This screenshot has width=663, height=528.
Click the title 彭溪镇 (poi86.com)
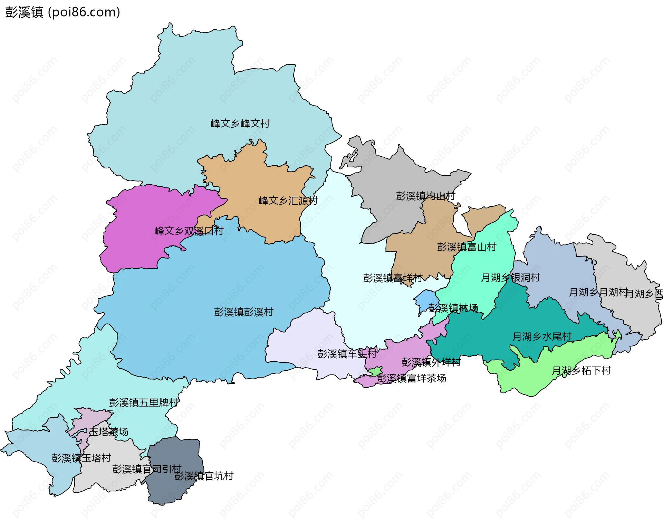[x=63, y=12]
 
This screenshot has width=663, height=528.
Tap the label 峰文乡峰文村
[x=240, y=123]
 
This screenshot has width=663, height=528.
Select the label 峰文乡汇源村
[x=288, y=201]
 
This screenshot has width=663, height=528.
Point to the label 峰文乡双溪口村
[x=189, y=231]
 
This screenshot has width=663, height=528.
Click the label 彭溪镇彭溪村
[x=243, y=312]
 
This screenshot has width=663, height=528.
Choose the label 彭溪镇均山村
[x=425, y=196]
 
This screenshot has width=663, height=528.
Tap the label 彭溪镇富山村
[x=467, y=247]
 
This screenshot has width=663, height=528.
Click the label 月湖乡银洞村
[x=510, y=277]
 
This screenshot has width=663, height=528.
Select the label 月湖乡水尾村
[x=542, y=336]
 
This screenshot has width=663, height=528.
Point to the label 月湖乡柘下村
[x=581, y=371]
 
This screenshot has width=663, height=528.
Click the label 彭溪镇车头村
[x=347, y=353]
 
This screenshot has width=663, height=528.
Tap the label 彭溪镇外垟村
[x=431, y=362]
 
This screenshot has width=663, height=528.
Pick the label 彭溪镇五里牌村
[x=144, y=402]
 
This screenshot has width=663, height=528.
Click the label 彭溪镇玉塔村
[x=81, y=458]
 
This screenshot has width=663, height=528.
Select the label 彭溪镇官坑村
[x=204, y=476]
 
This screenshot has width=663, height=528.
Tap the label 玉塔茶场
[x=109, y=432]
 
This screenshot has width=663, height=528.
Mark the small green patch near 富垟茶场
[x=376, y=372]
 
